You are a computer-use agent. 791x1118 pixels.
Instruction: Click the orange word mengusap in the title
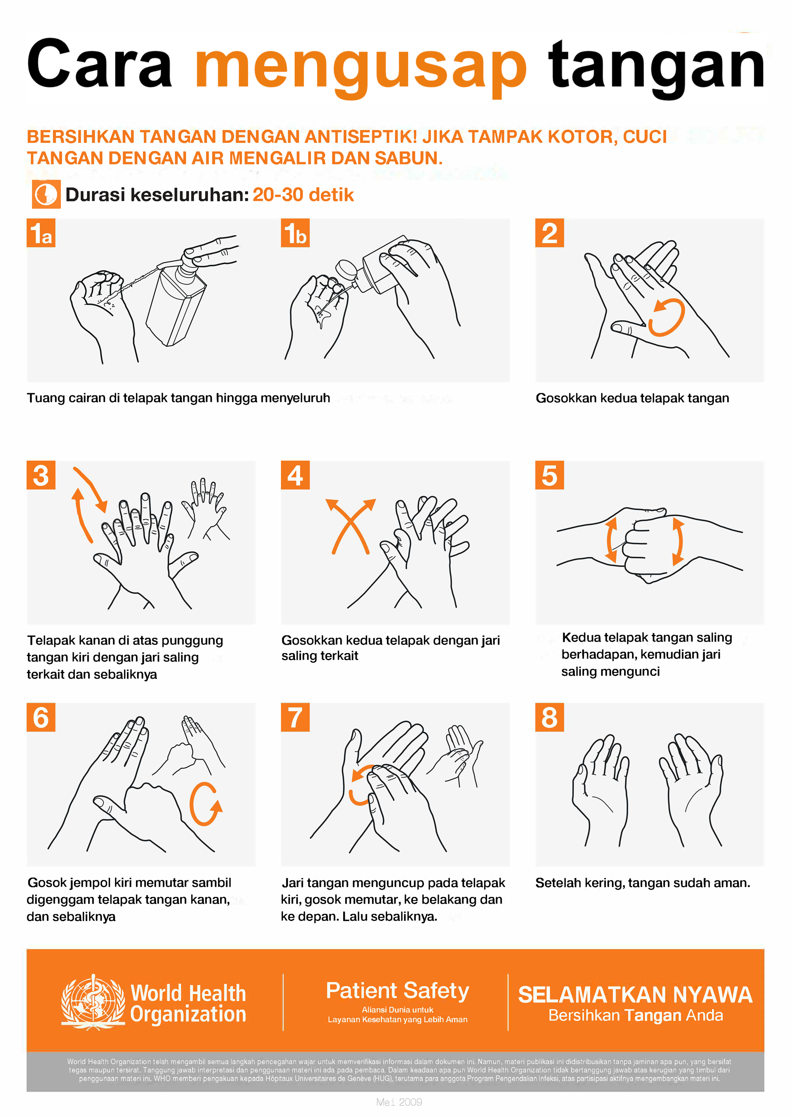[360, 66]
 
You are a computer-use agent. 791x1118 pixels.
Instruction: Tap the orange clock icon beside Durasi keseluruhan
[46, 194]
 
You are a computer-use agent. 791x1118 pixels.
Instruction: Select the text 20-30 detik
[302, 195]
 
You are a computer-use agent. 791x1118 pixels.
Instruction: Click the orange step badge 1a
[41, 233]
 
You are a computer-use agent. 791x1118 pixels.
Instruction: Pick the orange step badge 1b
[295, 233]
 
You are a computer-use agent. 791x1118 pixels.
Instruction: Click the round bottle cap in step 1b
[346, 269]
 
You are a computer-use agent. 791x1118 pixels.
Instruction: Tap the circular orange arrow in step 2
[668, 317]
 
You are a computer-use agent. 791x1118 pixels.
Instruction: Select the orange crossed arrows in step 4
[350, 526]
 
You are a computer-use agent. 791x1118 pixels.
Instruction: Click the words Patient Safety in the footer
[397, 991]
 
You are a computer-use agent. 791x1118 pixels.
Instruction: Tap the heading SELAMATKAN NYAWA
[635, 995]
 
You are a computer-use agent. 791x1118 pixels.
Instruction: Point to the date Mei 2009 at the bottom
[399, 1102]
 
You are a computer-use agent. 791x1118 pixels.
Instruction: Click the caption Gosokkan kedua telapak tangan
[632, 398]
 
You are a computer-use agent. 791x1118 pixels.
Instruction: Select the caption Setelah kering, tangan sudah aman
[642, 883]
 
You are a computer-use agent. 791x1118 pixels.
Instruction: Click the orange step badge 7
[295, 717]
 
